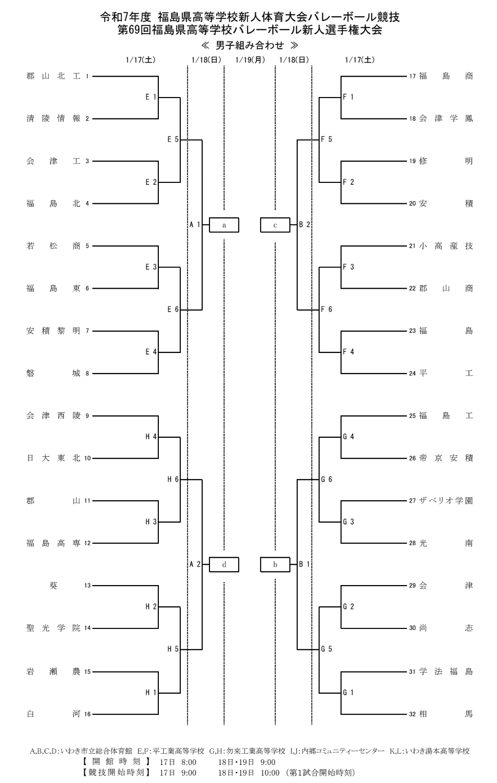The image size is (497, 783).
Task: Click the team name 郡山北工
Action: [53, 76]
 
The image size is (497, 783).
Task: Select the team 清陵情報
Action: [53, 118]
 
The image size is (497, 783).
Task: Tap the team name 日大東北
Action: [53, 458]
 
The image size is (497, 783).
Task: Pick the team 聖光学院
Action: [53, 628]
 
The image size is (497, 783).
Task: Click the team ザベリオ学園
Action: [446, 501]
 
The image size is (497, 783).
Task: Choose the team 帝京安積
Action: [446, 458]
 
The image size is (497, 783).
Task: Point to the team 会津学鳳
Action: [446, 118]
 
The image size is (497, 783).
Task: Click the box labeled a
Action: [224, 225]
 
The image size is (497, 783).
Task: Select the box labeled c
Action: [275, 225]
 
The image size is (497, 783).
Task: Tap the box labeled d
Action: [224, 565]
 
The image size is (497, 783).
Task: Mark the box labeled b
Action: [275, 565]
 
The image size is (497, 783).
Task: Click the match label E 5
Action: [173, 139]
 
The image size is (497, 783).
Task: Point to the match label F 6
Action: [327, 309]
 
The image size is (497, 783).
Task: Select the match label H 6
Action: [173, 479]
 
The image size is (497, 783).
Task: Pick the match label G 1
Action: [348, 692]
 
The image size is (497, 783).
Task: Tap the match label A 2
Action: [195, 564]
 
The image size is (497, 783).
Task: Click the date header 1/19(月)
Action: [250, 60]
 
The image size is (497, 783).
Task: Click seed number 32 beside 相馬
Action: [412, 714]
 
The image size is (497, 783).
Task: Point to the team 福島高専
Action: [53, 543]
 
